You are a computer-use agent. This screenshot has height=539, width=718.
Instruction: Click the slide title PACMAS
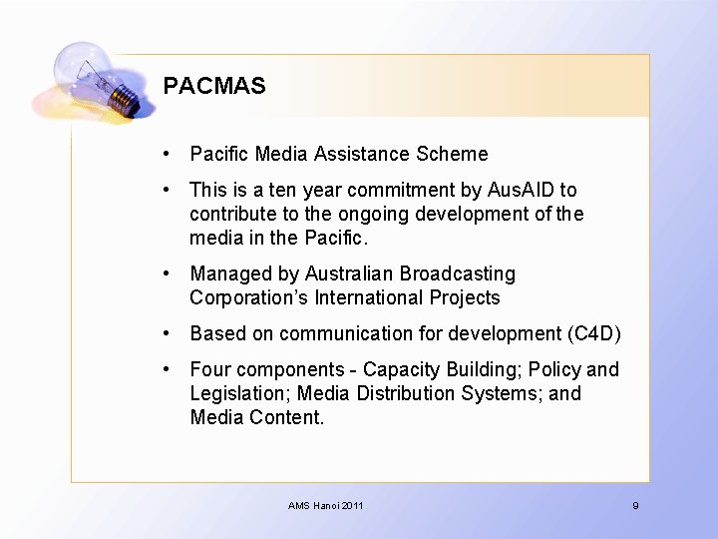[x=214, y=86]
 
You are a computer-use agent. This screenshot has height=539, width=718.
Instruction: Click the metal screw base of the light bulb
[x=125, y=99]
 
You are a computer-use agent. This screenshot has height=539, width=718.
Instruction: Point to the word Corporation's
[x=248, y=297]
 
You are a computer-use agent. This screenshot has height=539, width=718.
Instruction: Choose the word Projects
[x=465, y=297]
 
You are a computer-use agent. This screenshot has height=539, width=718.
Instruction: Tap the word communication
[x=343, y=333]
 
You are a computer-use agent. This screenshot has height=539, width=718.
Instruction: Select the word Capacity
[x=400, y=369]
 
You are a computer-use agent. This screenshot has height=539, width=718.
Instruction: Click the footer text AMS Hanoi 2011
[x=326, y=506]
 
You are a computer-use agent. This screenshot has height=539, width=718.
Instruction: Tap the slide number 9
[x=635, y=506]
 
